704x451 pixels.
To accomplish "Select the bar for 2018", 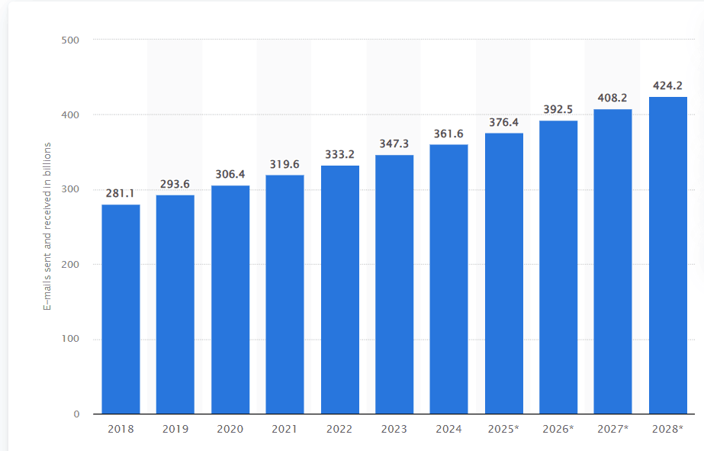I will (x=121, y=309).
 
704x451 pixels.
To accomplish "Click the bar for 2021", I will (x=284, y=295).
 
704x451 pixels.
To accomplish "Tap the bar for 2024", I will (x=448, y=279).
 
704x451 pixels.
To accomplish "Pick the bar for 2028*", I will (x=668, y=255).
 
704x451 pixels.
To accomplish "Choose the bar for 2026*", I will (x=558, y=267).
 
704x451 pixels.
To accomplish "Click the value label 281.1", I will (x=121, y=193).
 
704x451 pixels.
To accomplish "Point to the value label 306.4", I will (x=230, y=174).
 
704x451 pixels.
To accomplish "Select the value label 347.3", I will (x=394, y=143).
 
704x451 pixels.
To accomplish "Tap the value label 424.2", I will (x=668, y=85).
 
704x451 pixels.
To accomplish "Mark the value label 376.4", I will (x=503, y=122).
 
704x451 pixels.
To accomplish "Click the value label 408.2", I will (x=613, y=98).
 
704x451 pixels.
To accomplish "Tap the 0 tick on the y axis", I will (x=76, y=414).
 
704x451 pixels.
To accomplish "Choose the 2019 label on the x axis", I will (x=175, y=430).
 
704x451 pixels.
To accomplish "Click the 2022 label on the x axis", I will (x=339, y=430).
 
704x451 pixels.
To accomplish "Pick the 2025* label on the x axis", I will (x=503, y=430).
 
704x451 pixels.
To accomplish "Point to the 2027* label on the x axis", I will (x=613, y=430).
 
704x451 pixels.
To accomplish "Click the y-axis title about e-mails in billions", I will (x=47, y=226).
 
